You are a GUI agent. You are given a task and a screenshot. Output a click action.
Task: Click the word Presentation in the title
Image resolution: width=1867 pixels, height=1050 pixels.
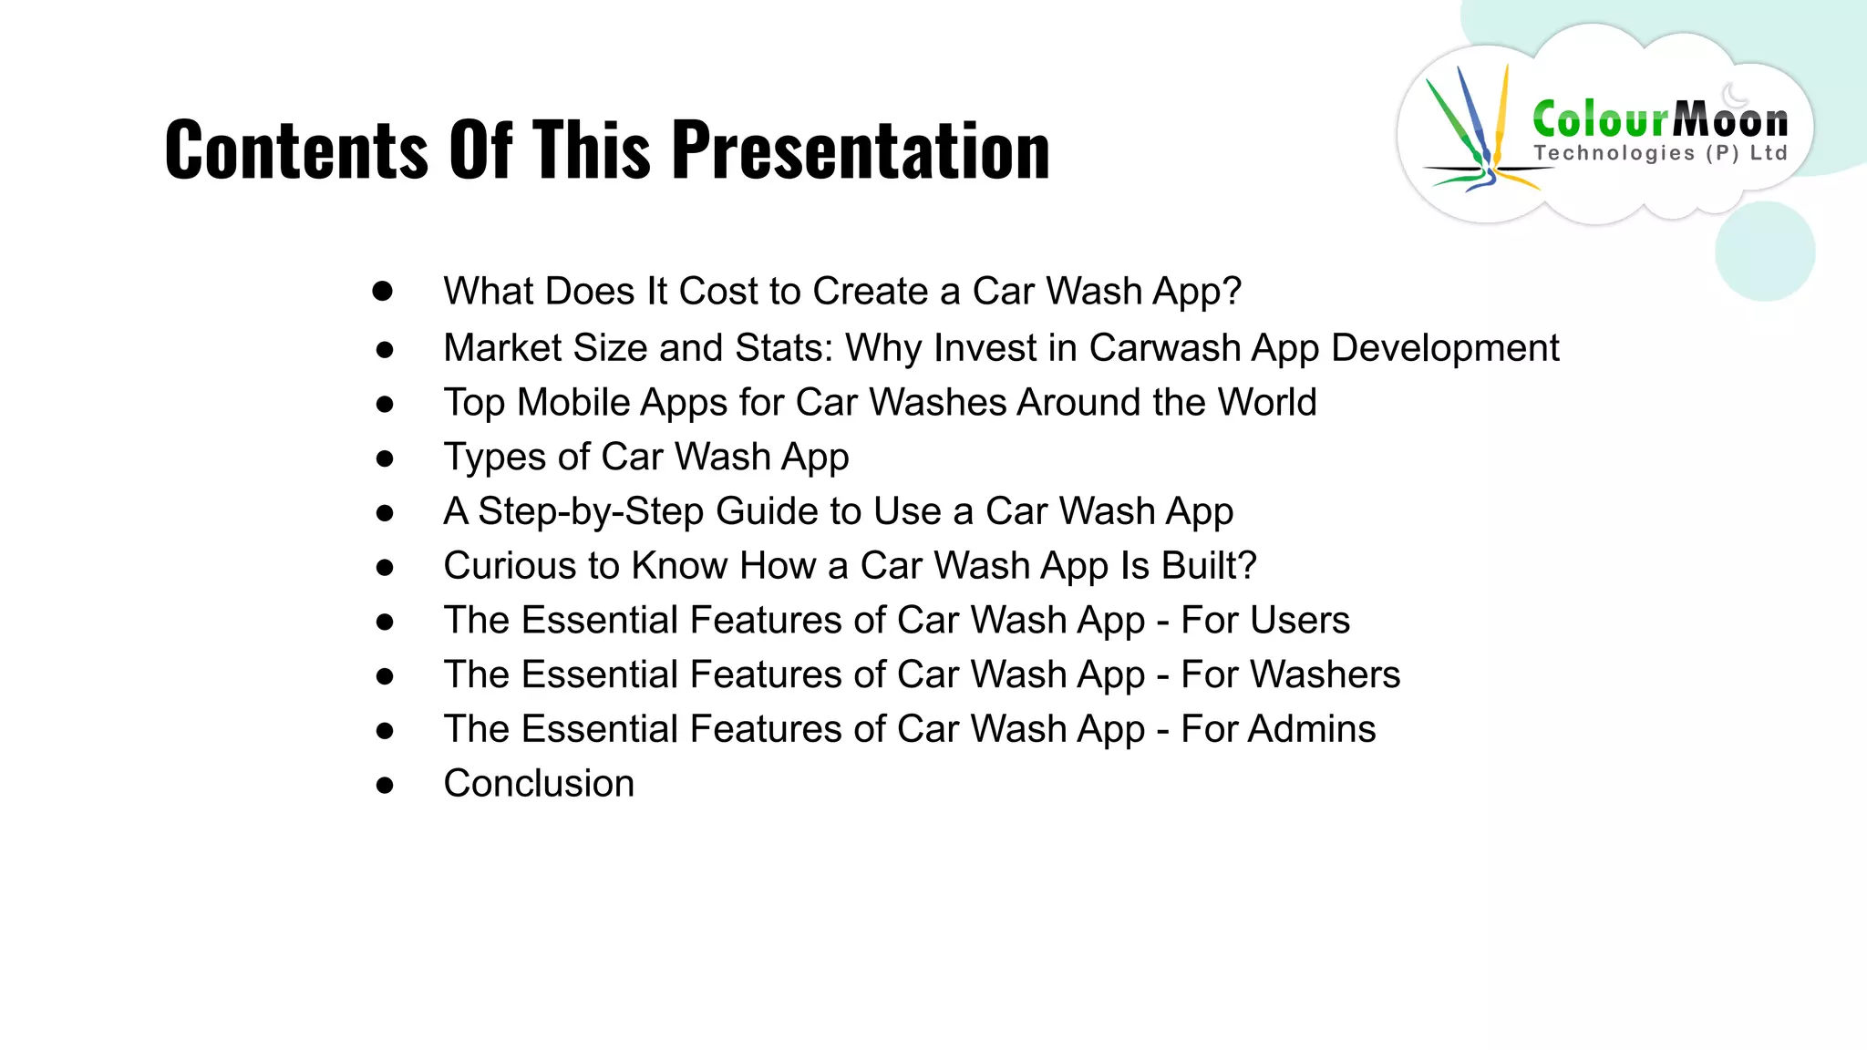point(861,149)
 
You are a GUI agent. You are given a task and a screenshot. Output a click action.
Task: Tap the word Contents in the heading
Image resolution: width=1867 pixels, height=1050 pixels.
point(295,149)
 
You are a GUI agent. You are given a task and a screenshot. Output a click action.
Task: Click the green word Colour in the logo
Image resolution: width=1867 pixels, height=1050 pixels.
point(1600,119)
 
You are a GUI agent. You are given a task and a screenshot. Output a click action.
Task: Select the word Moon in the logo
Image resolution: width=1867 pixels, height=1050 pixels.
point(1730,119)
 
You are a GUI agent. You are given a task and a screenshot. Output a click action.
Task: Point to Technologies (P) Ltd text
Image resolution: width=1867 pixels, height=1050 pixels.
point(1660,153)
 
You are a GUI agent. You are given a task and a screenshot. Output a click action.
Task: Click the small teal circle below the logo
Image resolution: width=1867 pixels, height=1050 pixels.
point(1764,252)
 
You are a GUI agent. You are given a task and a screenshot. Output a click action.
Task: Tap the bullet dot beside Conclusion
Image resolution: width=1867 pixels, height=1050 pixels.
point(385,785)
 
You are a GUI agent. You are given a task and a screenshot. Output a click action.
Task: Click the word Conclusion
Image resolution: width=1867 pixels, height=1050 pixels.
point(539,784)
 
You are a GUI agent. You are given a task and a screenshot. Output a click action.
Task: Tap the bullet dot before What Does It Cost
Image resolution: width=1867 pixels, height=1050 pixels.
point(383,292)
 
